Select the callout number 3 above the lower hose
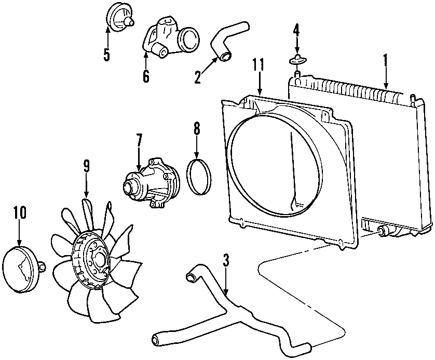[225, 260]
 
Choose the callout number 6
[146, 76]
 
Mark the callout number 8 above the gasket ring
[197, 129]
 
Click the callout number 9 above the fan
[87, 166]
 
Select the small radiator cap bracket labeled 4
[296, 59]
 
